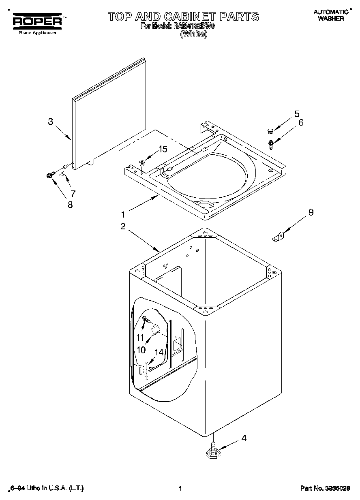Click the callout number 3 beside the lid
click(x=50, y=121)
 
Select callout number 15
click(x=162, y=149)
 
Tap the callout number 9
click(x=311, y=212)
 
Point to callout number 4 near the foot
click(x=244, y=438)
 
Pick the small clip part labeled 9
click(x=279, y=237)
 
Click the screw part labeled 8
click(x=49, y=175)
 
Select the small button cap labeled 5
click(x=269, y=130)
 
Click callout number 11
click(x=140, y=338)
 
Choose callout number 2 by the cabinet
click(x=123, y=226)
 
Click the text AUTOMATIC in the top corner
click(x=331, y=12)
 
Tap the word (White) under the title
click(x=193, y=34)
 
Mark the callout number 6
click(x=300, y=122)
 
